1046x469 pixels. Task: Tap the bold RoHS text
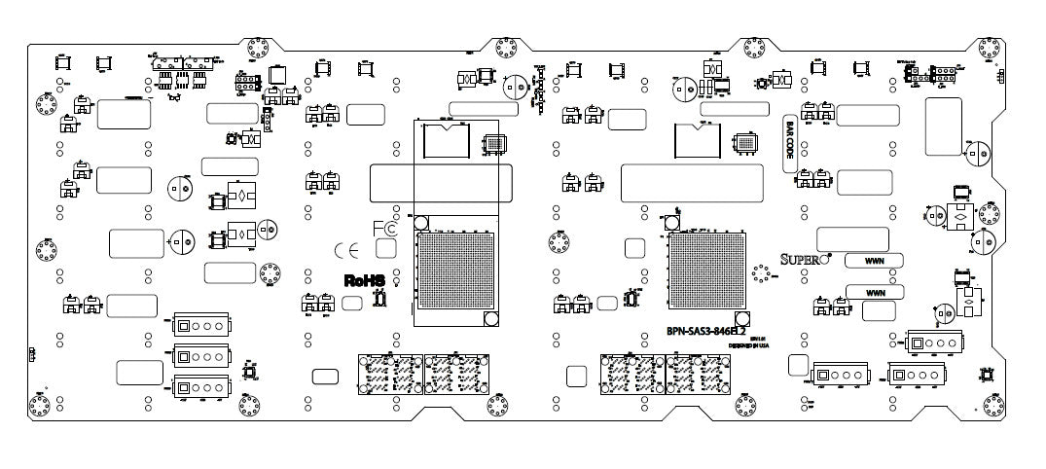point(365,280)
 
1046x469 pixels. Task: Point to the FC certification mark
point(384,230)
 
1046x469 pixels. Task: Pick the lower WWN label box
point(875,292)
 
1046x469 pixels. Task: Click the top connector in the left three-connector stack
point(199,325)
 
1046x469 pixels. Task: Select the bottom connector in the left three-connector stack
point(199,387)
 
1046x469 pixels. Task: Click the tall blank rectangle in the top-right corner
point(943,126)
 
